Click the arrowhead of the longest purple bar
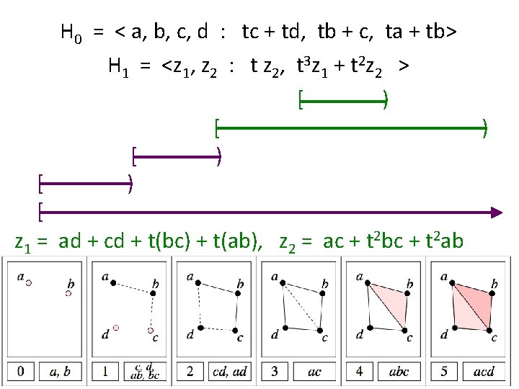point(496,212)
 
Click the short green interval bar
point(344,101)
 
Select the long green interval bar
point(351,129)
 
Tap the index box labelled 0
point(21,372)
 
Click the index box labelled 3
point(275,372)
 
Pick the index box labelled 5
point(445,372)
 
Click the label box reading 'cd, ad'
point(230,372)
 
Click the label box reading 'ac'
point(315,372)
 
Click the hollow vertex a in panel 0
point(29,283)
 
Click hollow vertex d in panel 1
point(115,328)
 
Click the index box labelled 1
point(106,372)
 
